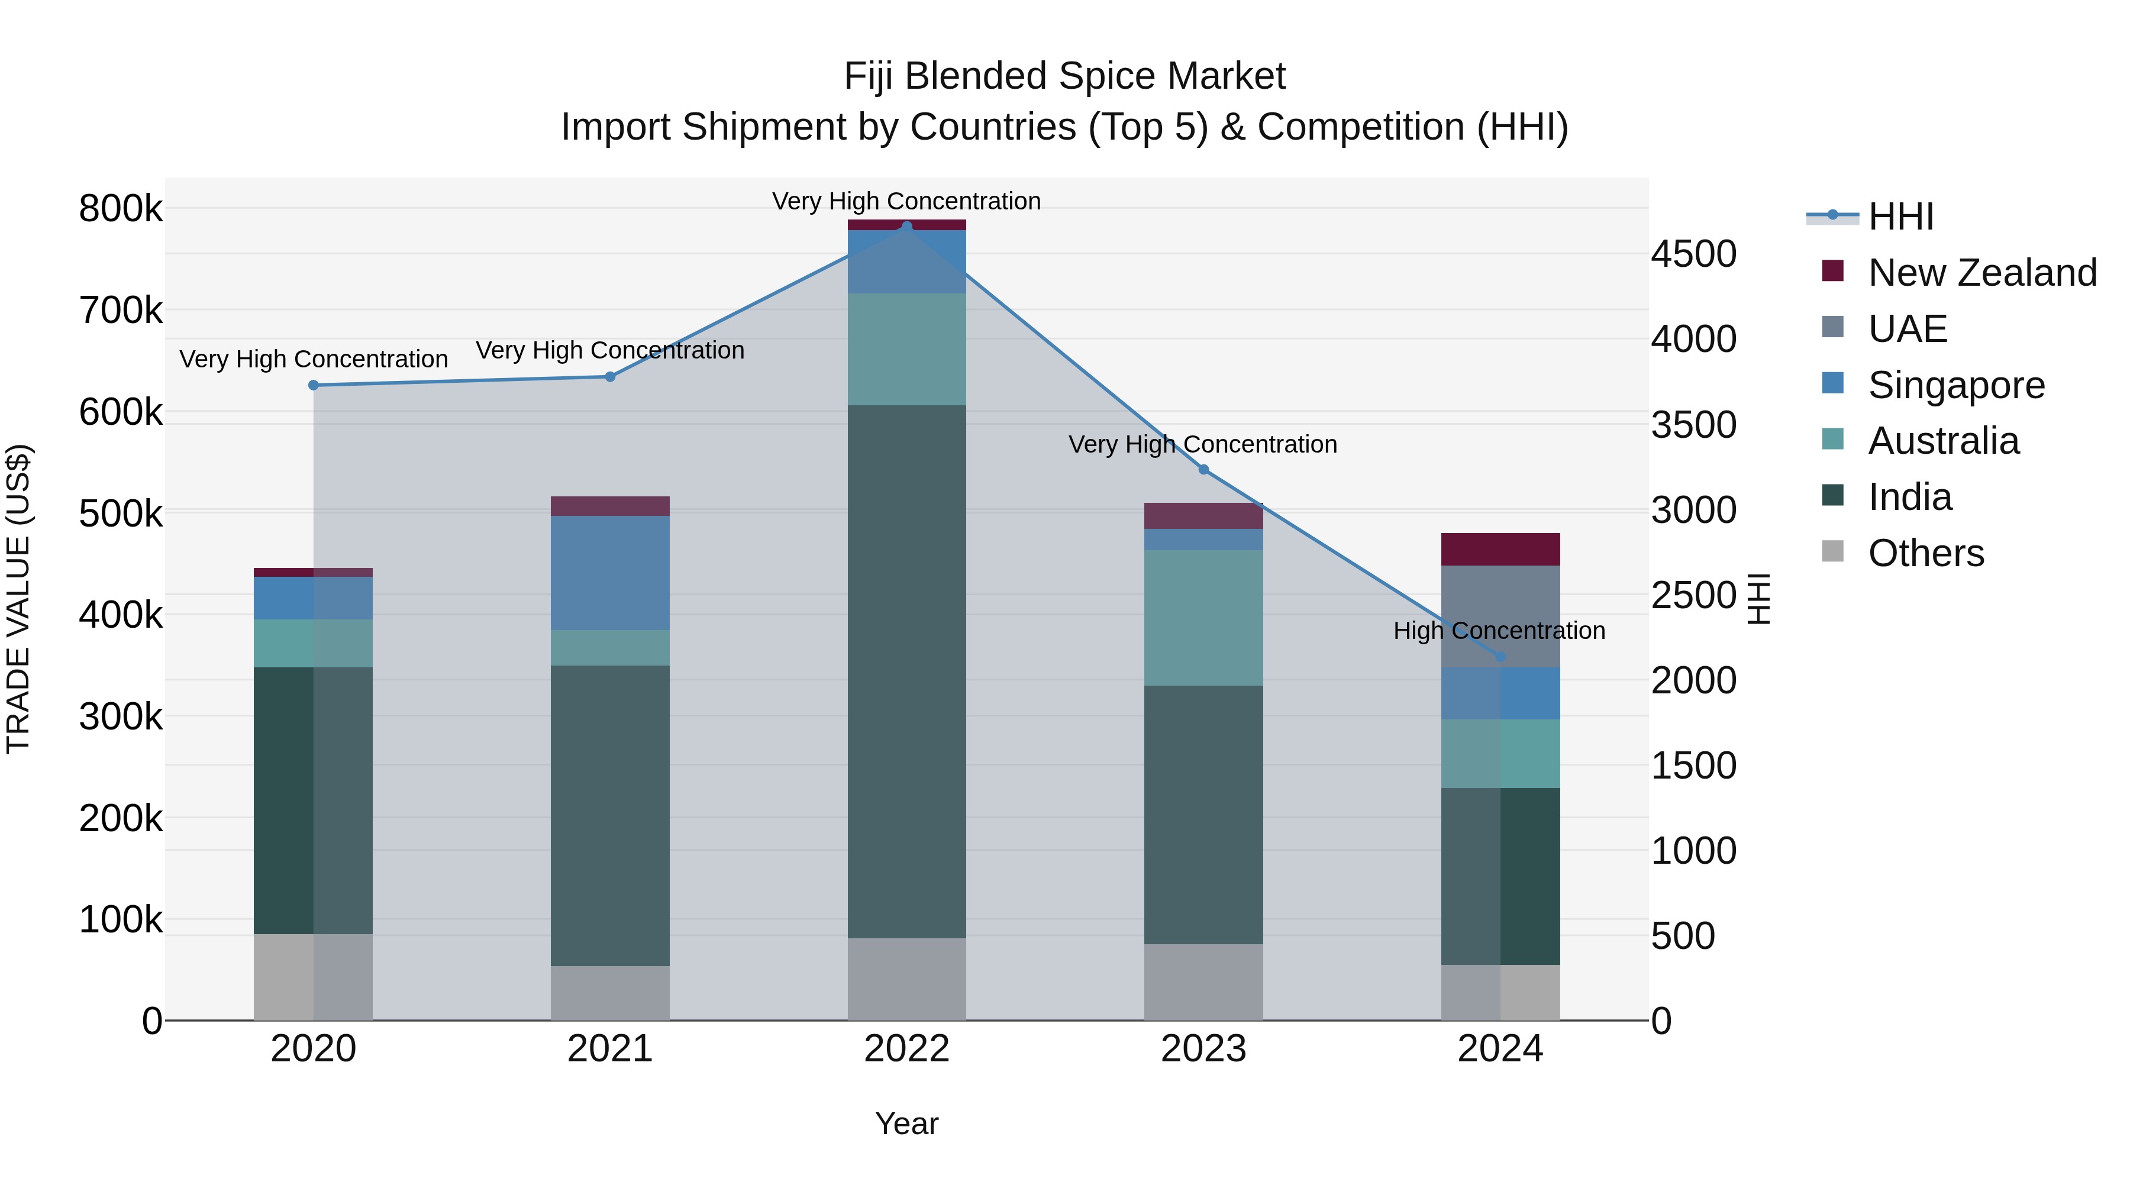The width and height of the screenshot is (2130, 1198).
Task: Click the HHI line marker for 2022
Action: point(906,227)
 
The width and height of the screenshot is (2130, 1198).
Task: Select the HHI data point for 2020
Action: point(314,385)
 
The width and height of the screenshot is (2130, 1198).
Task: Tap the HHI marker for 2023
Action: point(1203,470)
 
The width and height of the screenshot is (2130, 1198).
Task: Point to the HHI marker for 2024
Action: point(1500,657)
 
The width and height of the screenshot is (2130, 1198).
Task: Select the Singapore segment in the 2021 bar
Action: point(609,573)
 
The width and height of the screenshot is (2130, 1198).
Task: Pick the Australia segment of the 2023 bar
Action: point(1203,618)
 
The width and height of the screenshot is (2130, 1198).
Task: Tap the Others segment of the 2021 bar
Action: point(609,992)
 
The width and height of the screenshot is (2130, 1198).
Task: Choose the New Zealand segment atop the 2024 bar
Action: point(1500,549)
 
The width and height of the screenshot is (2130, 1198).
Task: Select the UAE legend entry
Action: point(1907,329)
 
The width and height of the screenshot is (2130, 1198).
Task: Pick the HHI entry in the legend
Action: point(1900,217)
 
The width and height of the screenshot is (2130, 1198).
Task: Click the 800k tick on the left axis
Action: point(121,208)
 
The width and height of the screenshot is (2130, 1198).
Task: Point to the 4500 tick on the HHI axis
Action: point(1693,254)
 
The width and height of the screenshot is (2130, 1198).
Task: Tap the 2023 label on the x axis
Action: point(1203,1049)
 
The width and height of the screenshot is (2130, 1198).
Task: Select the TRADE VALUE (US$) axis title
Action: point(18,599)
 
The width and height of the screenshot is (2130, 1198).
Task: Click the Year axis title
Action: point(906,1123)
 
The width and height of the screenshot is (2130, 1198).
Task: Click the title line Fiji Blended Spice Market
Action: point(1064,76)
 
